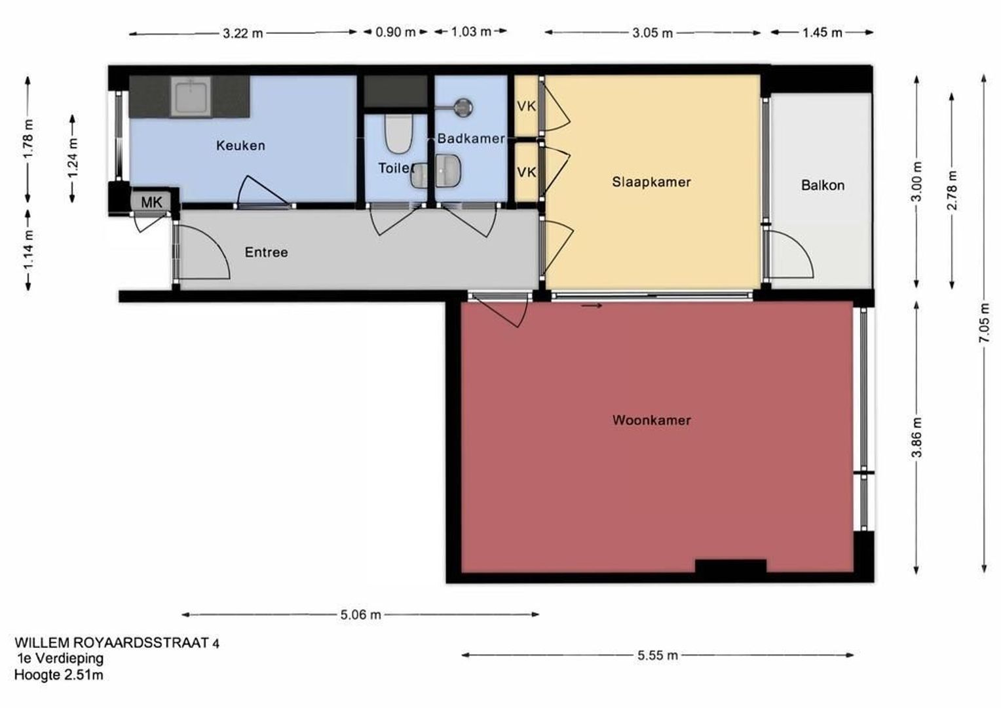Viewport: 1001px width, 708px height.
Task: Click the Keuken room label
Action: pyautogui.click(x=240, y=146)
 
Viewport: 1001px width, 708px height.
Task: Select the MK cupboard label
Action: pyautogui.click(x=151, y=202)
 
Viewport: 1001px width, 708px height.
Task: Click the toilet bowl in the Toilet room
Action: pyautogui.click(x=398, y=133)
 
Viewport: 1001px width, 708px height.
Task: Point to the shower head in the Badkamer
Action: pyautogui.click(x=463, y=107)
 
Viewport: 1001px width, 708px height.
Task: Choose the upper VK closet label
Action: pyautogui.click(x=527, y=106)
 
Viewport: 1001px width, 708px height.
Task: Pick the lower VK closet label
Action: pyautogui.click(x=527, y=172)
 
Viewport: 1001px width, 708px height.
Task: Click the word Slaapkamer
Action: pyautogui.click(x=651, y=182)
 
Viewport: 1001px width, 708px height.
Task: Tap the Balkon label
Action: pyautogui.click(x=823, y=185)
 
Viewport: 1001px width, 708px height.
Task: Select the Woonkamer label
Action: pyautogui.click(x=652, y=420)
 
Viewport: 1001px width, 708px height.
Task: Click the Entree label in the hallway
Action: pyautogui.click(x=267, y=252)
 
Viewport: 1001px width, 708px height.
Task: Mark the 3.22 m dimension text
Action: pyautogui.click(x=242, y=33)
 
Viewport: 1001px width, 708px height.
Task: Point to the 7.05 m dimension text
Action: pyautogui.click(x=984, y=323)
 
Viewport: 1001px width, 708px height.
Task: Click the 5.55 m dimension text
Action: pyautogui.click(x=657, y=656)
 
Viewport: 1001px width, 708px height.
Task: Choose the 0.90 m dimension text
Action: pyautogui.click(x=396, y=32)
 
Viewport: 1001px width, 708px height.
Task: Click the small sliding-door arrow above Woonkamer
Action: pyautogui.click(x=592, y=306)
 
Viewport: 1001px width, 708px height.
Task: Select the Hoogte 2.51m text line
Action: pyautogui.click(x=58, y=675)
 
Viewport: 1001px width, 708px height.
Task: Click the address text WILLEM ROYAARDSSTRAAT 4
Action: pyautogui.click(x=117, y=643)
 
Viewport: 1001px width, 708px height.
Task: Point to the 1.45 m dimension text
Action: pyautogui.click(x=822, y=33)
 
